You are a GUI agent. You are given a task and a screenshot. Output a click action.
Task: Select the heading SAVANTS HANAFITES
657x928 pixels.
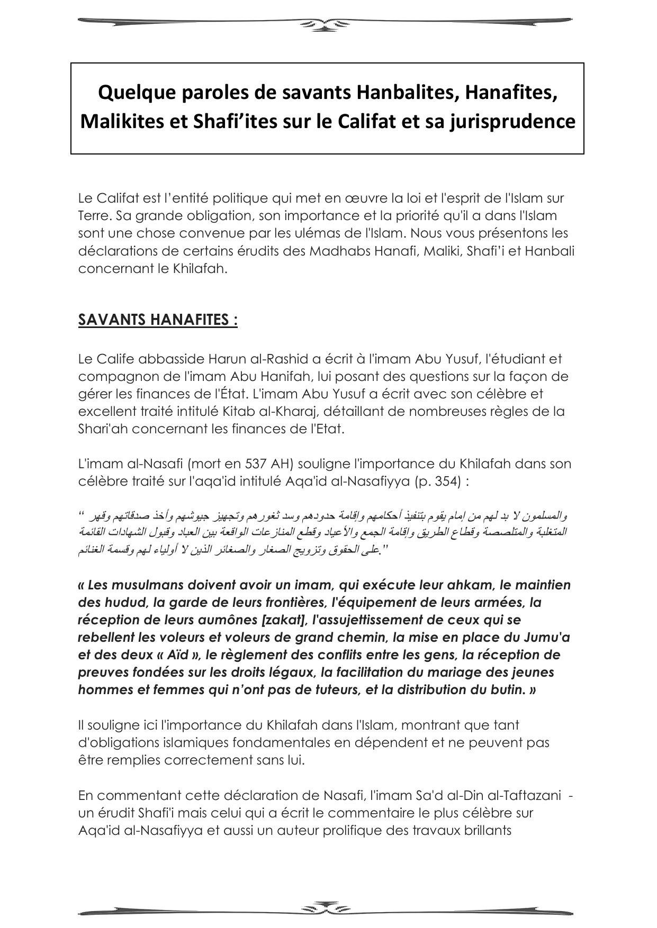point(158,320)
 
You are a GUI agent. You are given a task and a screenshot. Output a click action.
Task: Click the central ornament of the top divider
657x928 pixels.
point(326,23)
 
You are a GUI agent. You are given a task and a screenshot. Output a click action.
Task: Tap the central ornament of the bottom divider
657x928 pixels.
point(326,909)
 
